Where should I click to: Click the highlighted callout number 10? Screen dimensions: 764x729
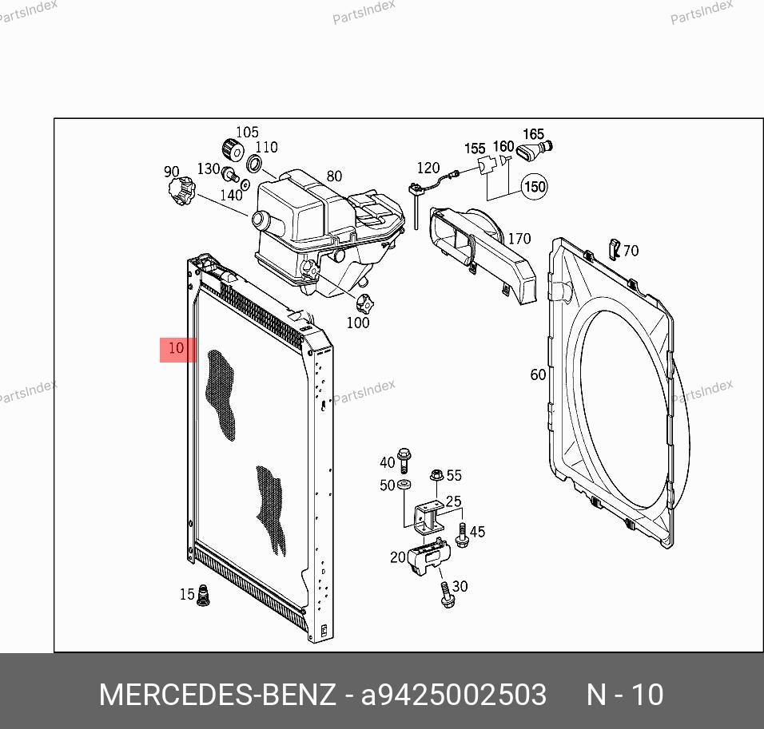(177, 348)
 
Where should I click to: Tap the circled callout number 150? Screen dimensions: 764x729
(535, 187)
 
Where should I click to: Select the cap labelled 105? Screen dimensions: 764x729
(233, 150)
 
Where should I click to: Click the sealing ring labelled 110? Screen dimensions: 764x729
(254, 164)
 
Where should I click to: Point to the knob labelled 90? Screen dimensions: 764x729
(181, 190)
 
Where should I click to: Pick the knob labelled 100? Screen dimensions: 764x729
(364, 305)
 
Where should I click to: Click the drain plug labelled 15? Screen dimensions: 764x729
(203, 595)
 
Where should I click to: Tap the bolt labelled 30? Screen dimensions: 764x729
(447, 595)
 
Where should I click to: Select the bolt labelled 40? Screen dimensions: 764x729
(404, 460)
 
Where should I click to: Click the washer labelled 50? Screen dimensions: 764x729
(404, 485)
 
